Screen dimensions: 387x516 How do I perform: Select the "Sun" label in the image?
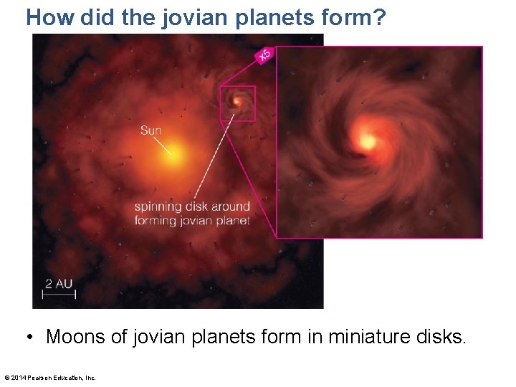[151, 130]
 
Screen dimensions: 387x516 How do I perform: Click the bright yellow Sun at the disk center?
[174, 153]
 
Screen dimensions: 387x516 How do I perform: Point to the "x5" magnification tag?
[264, 54]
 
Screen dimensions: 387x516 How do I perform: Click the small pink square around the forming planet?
[238, 103]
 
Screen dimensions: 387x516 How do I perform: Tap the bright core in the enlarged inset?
[368, 141]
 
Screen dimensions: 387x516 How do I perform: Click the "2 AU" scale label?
[59, 283]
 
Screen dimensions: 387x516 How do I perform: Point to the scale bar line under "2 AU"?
[58, 294]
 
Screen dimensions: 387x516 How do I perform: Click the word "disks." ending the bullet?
[442, 337]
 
